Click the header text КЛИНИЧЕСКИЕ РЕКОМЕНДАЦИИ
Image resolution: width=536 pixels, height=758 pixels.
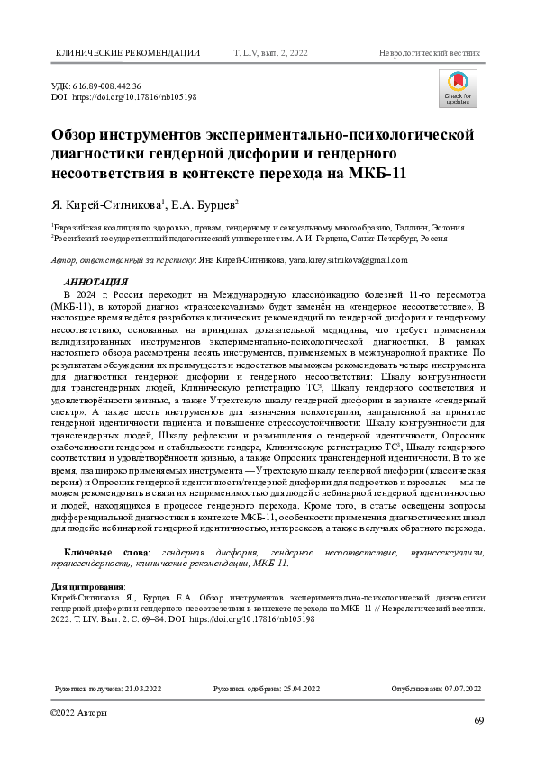pyautogui.click(x=128, y=53)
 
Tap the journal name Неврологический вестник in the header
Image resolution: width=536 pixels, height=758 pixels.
pyautogui.click(x=431, y=53)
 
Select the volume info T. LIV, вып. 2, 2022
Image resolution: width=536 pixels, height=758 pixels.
pyautogui.click(x=271, y=53)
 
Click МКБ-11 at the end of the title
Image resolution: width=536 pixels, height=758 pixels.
pyautogui.click(x=376, y=171)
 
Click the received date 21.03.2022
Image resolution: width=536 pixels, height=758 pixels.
pyautogui.click(x=146, y=689)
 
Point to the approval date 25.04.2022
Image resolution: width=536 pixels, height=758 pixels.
pyautogui.click(x=300, y=689)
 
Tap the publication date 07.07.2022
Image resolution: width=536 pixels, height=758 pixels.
pyautogui.click(x=461, y=689)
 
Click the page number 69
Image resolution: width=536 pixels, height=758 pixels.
pyautogui.click(x=479, y=721)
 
